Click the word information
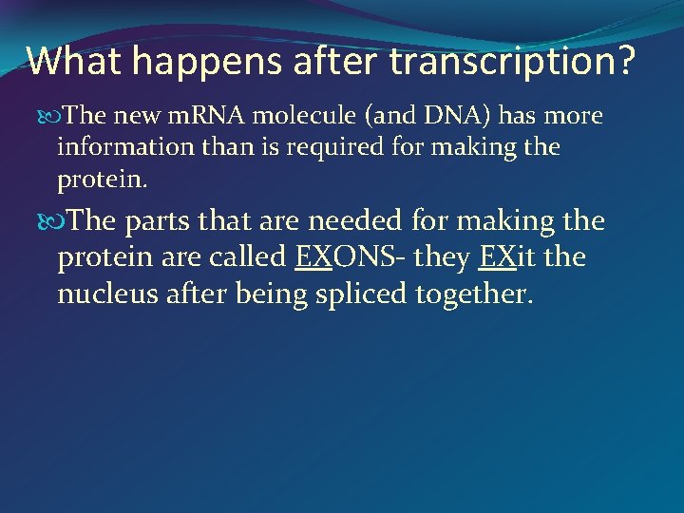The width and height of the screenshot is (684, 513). [x=119, y=147]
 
